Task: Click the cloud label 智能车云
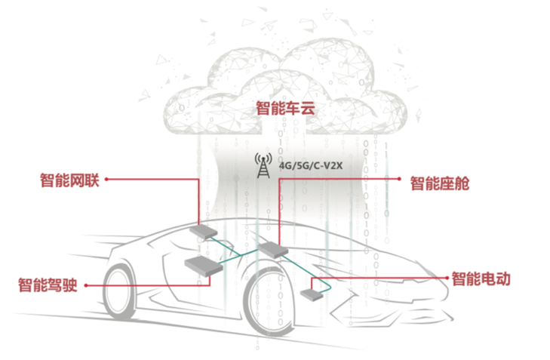284,108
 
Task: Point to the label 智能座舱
439,183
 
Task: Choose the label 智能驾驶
48,285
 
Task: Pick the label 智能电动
481,278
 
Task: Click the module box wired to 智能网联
202,229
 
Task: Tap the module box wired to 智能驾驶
204,264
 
